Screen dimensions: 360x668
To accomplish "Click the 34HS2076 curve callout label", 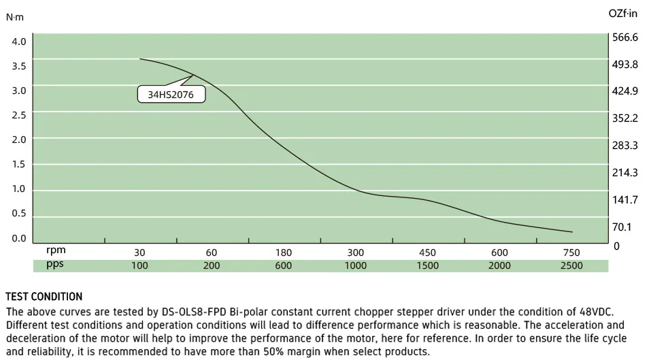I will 171,95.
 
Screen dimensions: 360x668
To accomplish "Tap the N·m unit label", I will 14,17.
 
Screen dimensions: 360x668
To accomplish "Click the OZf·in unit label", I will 623,13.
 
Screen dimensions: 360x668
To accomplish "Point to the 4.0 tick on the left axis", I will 19,42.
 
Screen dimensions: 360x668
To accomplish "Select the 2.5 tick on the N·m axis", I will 19,115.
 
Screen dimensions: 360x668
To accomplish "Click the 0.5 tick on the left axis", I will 19,213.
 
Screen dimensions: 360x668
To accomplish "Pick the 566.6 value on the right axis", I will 625,37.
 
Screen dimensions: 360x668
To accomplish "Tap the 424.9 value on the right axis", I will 625,91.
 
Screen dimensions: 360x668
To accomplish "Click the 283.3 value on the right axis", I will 625,146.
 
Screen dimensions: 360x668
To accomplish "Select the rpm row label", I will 56,251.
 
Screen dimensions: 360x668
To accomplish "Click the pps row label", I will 55,265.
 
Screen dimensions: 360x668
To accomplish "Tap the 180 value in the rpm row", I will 284,252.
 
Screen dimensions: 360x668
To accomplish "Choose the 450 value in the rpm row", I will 427,252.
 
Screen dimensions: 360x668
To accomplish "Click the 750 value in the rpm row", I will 571,252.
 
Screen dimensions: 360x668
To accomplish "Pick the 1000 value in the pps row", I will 356,265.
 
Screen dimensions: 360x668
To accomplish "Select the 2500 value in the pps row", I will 571,265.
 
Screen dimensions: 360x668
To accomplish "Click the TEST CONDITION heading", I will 44,297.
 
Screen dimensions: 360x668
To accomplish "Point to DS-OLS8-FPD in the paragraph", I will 194,312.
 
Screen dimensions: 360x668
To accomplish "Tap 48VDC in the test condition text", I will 595,312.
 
